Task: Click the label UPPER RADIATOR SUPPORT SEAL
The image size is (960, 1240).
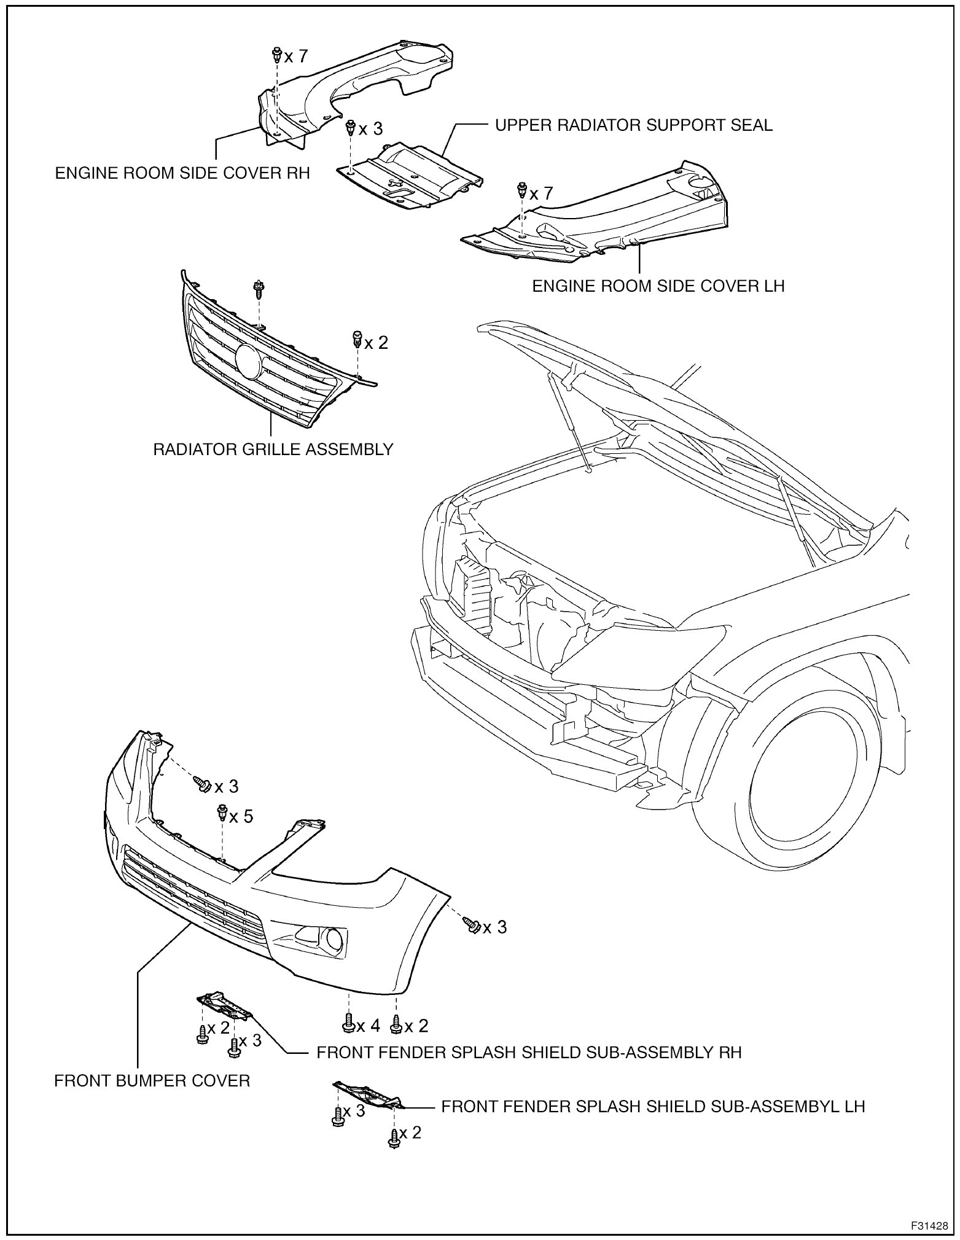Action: click(633, 125)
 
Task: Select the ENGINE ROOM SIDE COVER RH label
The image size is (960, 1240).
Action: click(182, 173)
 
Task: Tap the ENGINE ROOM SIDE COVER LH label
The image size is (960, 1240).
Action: click(658, 286)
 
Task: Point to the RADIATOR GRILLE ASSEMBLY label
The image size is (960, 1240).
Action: click(273, 449)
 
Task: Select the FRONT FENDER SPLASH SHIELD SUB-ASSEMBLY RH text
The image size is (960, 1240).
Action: click(529, 1052)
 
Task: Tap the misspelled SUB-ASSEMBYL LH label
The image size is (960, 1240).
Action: click(653, 1106)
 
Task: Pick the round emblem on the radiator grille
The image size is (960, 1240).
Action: click(248, 361)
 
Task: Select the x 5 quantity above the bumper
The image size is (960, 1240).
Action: click(241, 816)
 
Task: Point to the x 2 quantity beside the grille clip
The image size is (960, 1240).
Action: click(377, 342)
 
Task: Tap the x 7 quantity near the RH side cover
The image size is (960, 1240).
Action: click(295, 57)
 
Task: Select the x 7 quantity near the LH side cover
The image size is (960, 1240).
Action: click(541, 193)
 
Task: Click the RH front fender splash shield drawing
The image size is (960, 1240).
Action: click(224, 1005)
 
